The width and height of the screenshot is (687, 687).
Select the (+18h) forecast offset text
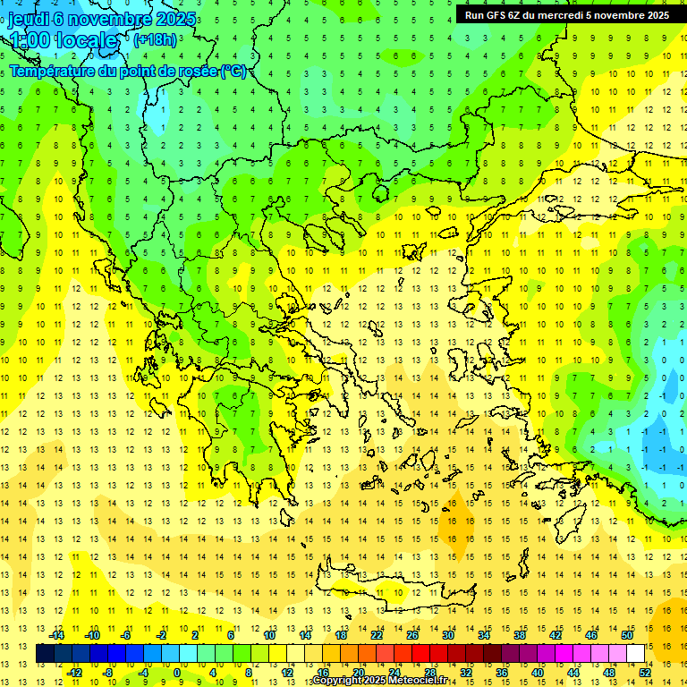pyautogui.click(x=154, y=40)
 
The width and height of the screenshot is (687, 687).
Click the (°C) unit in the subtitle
pyautogui.click(x=233, y=71)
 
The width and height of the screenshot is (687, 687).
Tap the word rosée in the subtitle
pyautogui.click(x=199, y=71)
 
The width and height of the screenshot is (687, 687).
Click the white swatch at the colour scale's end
pyautogui.click(x=635, y=654)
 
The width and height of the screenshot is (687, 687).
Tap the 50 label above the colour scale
pyautogui.click(x=627, y=635)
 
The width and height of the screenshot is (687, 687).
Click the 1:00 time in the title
pyautogui.click(x=30, y=40)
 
